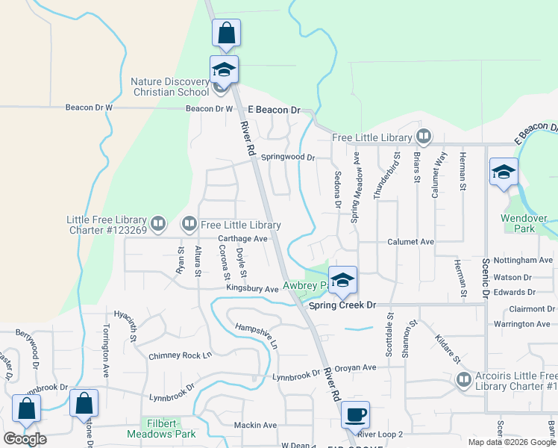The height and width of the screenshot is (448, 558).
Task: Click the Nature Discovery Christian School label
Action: [170, 87]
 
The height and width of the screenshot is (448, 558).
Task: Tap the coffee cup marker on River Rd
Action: [355, 414]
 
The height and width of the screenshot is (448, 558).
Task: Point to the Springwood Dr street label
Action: [288, 158]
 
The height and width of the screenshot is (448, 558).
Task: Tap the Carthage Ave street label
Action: [242, 239]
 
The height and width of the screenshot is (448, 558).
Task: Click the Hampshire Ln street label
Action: [256, 336]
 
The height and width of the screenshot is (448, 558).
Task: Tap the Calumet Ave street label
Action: [410, 242]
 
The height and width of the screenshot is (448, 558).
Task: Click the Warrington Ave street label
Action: [522, 324]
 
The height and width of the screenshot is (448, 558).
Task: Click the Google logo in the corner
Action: [25, 439]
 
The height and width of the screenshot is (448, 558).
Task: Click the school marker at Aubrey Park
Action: [342, 279]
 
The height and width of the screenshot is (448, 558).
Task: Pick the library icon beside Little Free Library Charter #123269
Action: [158, 223]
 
